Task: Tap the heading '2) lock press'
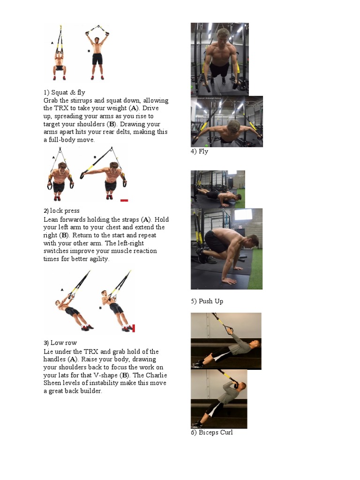click(x=61, y=211)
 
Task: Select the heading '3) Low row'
click(x=60, y=343)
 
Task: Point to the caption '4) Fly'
click(x=199, y=151)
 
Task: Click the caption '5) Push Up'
click(x=207, y=301)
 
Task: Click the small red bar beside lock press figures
click(x=124, y=200)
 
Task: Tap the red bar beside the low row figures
click(x=134, y=328)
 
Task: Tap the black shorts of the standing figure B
click(x=97, y=59)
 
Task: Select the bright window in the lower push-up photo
click(x=243, y=215)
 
